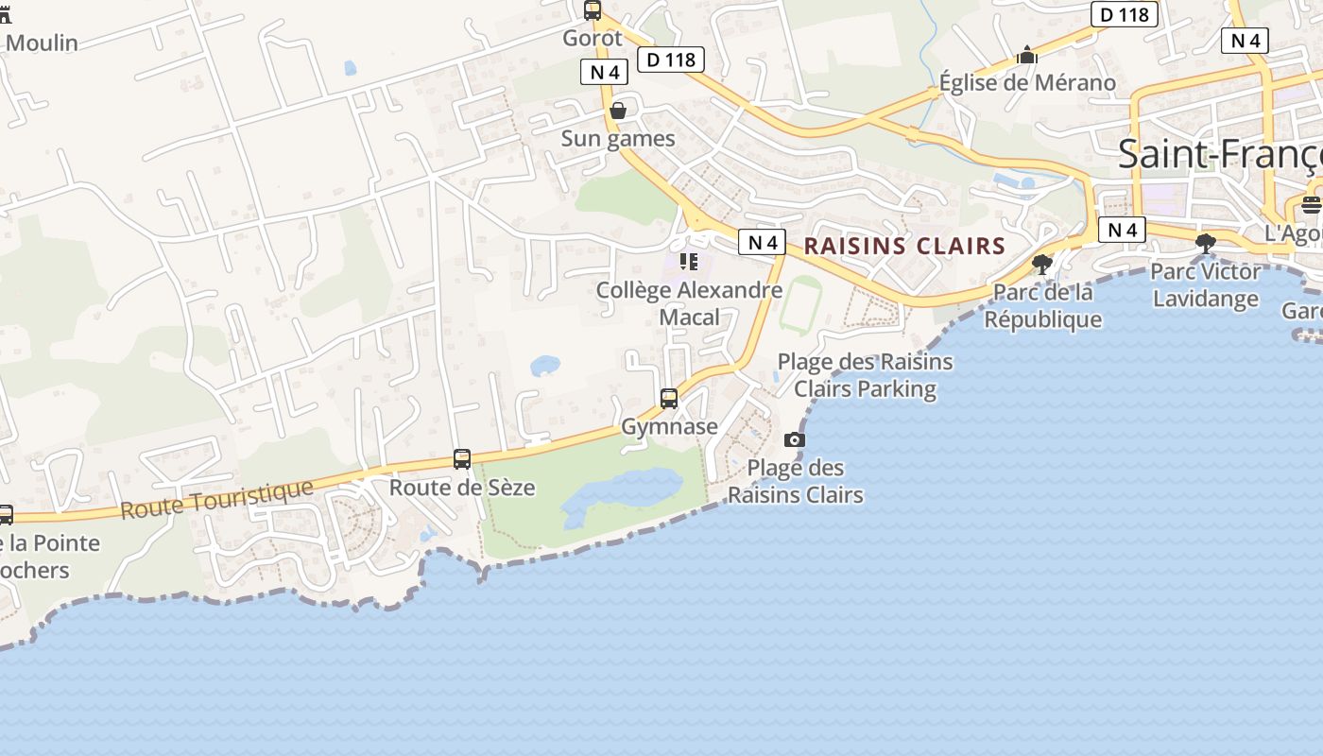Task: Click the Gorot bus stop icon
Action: coord(593,11)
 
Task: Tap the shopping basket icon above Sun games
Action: coord(618,112)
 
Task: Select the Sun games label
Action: coord(618,139)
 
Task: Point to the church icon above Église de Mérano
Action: coord(1027,57)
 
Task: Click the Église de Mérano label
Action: coord(1027,82)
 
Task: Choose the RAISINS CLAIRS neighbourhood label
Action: coord(904,247)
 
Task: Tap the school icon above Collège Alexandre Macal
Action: coord(689,262)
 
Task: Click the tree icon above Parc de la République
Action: coord(1042,265)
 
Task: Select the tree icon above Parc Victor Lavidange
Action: coord(1205,244)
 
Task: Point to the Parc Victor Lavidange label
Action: coord(1205,285)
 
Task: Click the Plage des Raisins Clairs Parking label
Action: coord(865,375)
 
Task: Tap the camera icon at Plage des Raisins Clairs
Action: coord(795,439)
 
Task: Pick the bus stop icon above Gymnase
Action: coord(669,399)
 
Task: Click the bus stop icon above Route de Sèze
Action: coord(462,459)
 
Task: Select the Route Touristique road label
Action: coord(216,498)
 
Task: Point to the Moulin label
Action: coord(42,43)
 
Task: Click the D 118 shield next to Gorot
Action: coord(671,60)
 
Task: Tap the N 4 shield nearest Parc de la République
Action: coord(1122,230)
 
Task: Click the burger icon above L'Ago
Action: coord(1311,204)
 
